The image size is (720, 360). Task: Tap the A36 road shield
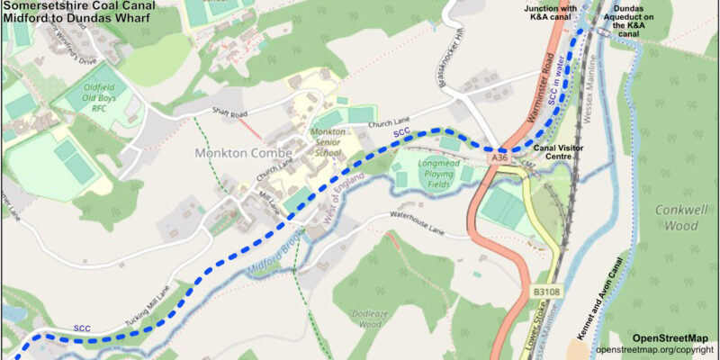500,157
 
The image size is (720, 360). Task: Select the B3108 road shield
544,292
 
